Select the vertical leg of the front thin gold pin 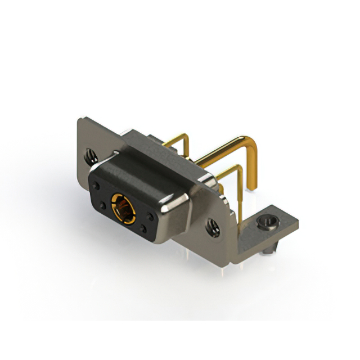pos(240,194)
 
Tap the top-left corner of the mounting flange pos(80,119)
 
